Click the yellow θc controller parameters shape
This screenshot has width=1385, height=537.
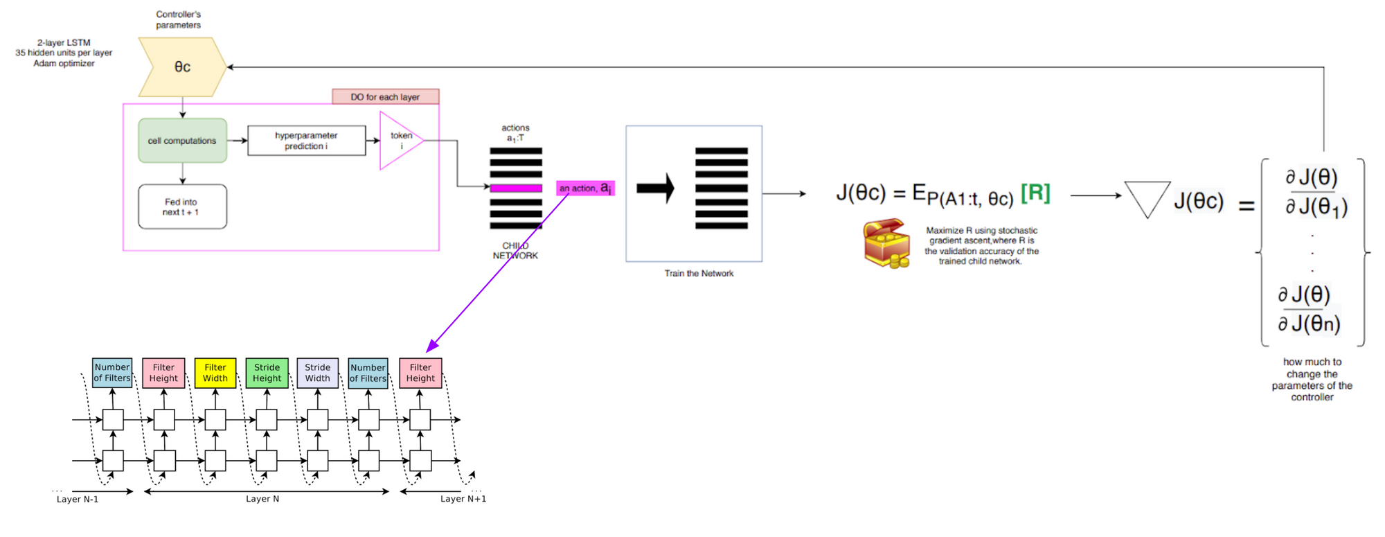click(182, 67)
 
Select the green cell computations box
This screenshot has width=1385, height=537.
click(182, 141)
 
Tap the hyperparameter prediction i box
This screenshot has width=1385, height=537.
click(306, 141)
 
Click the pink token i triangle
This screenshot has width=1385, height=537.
click(398, 141)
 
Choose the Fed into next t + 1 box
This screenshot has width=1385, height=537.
click(182, 206)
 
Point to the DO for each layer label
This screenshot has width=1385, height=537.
click(385, 96)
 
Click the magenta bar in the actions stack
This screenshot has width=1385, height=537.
click(516, 188)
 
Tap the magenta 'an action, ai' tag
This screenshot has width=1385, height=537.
click(585, 188)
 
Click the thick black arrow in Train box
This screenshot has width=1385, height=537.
click(655, 188)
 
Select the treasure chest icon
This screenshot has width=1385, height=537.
click(886, 243)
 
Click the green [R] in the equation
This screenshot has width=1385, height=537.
click(1035, 193)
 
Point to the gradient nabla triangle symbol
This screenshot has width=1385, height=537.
click(1147, 198)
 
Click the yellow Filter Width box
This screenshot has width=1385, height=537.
click(215, 373)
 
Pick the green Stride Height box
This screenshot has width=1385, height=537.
click(267, 373)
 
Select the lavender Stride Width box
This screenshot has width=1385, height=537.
click(317, 373)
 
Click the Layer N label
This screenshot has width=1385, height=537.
click(262, 499)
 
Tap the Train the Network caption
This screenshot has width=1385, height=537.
click(699, 274)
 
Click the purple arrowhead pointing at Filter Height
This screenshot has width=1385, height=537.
click(432, 346)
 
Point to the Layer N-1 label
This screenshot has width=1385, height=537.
click(78, 499)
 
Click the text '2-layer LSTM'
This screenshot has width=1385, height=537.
click(64, 43)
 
